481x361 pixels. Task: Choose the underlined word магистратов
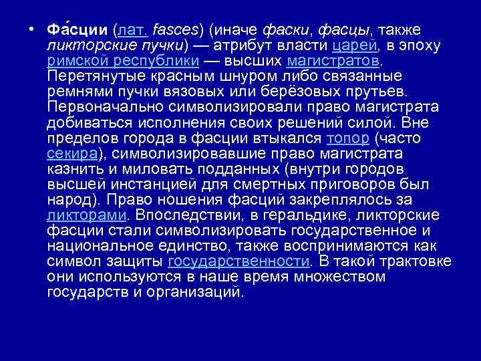pos(333,61)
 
